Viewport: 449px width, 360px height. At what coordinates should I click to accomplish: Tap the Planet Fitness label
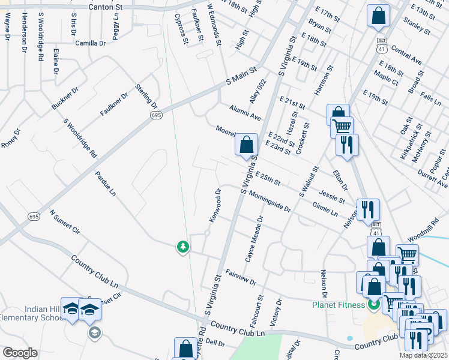pyautogui.click(x=338, y=305)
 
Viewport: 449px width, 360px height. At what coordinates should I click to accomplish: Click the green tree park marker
pyautogui.click(x=182, y=246)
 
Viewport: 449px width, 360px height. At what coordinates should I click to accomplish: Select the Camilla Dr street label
pyautogui.click(x=90, y=43)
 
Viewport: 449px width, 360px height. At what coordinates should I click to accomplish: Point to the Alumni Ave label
pyautogui.click(x=244, y=112)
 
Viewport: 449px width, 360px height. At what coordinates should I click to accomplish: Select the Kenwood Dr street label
pyautogui.click(x=215, y=205)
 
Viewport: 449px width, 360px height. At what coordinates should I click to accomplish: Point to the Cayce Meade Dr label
pyautogui.click(x=253, y=239)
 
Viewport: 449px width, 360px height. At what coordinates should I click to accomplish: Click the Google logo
pyautogui.click(x=20, y=353)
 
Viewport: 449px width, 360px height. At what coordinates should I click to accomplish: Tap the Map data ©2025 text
pyautogui.click(x=424, y=355)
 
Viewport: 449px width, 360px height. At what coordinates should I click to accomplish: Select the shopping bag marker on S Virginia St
pyautogui.click(x=246, y=145)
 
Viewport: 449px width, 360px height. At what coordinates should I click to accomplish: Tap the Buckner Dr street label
pyautogui.click(x=65, y=98)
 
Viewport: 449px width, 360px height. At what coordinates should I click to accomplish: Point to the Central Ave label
pyautogui.click(x=406, y=55)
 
